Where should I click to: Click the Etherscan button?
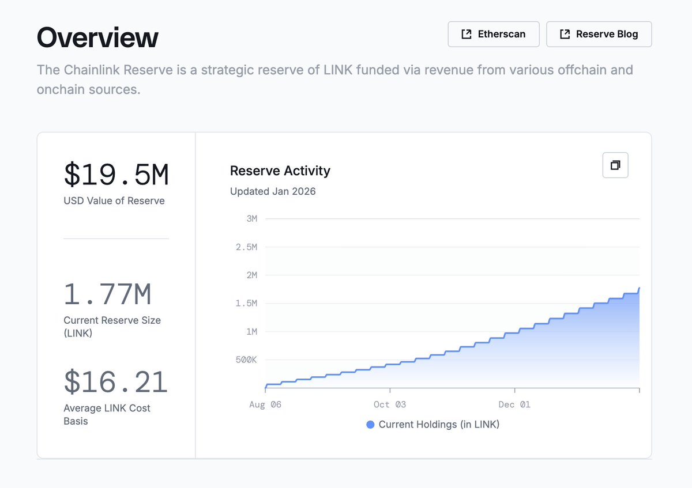[494, 34]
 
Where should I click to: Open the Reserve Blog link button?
[599, 34]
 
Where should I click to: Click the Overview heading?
[97, 38]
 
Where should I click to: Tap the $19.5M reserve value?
[116, 175]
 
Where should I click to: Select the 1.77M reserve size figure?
[107, 294]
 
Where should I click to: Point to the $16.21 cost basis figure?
[115, 382]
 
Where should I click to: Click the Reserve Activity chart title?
[280, 171]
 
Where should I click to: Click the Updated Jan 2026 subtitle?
[273, 191]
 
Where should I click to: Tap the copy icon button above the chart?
[615, 165]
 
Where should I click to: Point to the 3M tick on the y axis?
[251, 218]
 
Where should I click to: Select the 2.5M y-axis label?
[246, 247]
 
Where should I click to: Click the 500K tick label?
[246, 360]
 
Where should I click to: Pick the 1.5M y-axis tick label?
[246, 303]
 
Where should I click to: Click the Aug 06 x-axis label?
[265, 404]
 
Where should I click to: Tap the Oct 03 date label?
[390, 404]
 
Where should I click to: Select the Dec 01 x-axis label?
[514, 404]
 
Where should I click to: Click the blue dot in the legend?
[370, 425]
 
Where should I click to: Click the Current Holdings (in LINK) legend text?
[439, 425]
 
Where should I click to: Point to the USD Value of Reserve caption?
[114, 201]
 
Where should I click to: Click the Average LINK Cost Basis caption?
[107, 414]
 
